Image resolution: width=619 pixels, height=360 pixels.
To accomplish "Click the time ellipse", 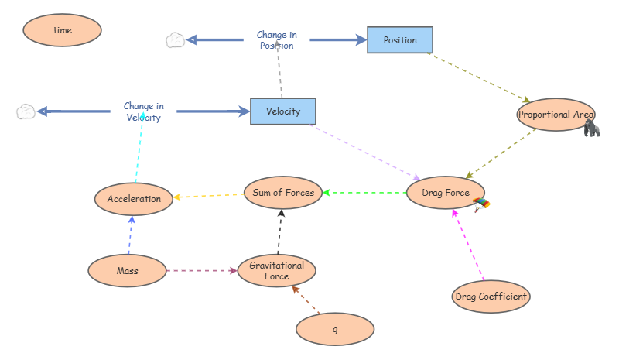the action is click(63, 30).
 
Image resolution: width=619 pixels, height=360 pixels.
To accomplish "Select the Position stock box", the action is click(400, 40).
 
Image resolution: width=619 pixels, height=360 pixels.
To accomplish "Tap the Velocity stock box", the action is click(283, 111).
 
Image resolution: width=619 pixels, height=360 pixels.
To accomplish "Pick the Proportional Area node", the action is click(556, 115).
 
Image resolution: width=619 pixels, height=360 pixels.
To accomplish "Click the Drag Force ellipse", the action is click(446, 193).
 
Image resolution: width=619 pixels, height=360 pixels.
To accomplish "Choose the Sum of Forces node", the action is click(283, 193).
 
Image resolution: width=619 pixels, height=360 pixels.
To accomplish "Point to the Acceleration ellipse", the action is click(134, 199).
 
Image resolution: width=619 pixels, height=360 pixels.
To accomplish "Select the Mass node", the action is click(127, 271).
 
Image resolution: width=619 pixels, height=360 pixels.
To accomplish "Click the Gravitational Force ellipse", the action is click(277, 271).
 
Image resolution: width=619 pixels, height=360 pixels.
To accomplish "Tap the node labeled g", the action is click(335, 329).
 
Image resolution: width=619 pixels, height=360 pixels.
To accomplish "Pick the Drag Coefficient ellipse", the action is click(491, 297).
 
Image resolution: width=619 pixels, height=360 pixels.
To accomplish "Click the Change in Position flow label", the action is click(277, 40).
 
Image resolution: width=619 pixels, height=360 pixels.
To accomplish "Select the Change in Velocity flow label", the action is click(144, 111).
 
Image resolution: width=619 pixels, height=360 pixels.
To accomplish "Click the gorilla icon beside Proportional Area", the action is click(592, 128).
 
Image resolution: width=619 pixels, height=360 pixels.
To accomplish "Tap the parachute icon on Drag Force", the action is click(481, 204).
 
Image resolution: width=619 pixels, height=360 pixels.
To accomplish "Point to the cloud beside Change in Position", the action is click(176, 40).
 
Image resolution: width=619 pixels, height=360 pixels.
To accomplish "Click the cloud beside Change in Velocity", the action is click(26, 111).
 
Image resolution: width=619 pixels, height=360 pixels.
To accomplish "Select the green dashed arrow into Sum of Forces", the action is click(364, 193).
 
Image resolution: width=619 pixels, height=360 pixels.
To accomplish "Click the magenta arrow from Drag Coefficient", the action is click(468, 245).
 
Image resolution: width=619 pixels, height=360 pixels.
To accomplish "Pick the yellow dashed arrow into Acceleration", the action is click(208, 196).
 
